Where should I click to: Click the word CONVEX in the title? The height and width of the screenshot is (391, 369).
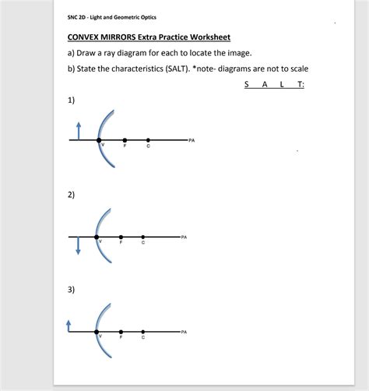pyautogui.click(x=85, y=37)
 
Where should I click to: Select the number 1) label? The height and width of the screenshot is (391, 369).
pyautogui.click(x=71, y=101)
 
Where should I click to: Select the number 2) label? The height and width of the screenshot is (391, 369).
pyautogui.click(x=71, y=195)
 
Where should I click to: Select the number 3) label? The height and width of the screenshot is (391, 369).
pyautogui.click(x=71, y=290)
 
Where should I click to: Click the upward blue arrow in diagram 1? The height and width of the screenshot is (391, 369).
pyautogui.click(x=78, y=129)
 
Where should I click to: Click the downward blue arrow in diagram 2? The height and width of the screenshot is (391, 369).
pyautogui.click(x=78, y=245)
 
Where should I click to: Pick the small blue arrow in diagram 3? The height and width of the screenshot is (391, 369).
pyautogui.click(x=69, y=326)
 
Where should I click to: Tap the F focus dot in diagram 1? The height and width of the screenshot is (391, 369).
pyautogui.click(x=123, y=140)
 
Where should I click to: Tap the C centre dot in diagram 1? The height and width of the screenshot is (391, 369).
pyautogui.click(x=148, y=140)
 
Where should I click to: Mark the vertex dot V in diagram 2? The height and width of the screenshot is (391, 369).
pyautogui.click(x=97, y=236)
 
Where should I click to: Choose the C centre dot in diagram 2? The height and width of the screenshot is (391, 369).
pyautogui.click(x=142, y=236)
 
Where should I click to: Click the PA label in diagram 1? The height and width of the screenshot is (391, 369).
pyautogui.click(x=191, y=140)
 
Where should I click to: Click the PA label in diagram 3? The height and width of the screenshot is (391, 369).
pyautogui.click(x=183, y=332)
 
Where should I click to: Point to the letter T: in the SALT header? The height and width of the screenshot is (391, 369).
pyautogui.click(x=298, y=86)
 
